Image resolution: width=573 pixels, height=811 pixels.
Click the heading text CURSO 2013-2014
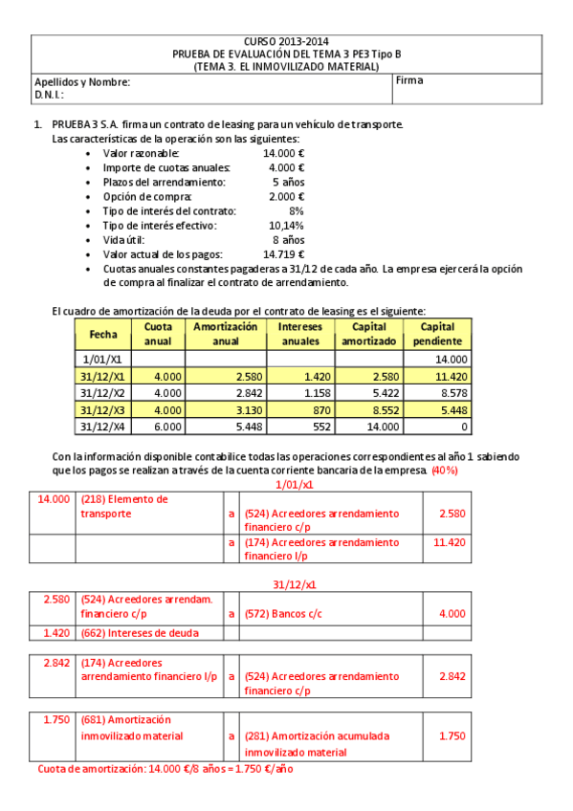(285, 42)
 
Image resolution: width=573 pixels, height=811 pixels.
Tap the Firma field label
(409, 81)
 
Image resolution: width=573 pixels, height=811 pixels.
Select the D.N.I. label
(50, 95)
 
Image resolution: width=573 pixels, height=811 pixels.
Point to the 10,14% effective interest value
(285, 226)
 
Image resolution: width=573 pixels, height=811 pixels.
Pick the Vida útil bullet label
(125, 240)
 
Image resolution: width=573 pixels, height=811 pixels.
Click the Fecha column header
(102, 334)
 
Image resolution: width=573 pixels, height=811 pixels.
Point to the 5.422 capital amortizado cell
(367, 392)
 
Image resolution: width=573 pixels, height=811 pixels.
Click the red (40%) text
(445, 471)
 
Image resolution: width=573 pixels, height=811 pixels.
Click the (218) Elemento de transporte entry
(124, 507)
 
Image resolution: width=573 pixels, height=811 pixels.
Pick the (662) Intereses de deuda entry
(140, 632)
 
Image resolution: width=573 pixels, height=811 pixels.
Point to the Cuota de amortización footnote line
(165, 769)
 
